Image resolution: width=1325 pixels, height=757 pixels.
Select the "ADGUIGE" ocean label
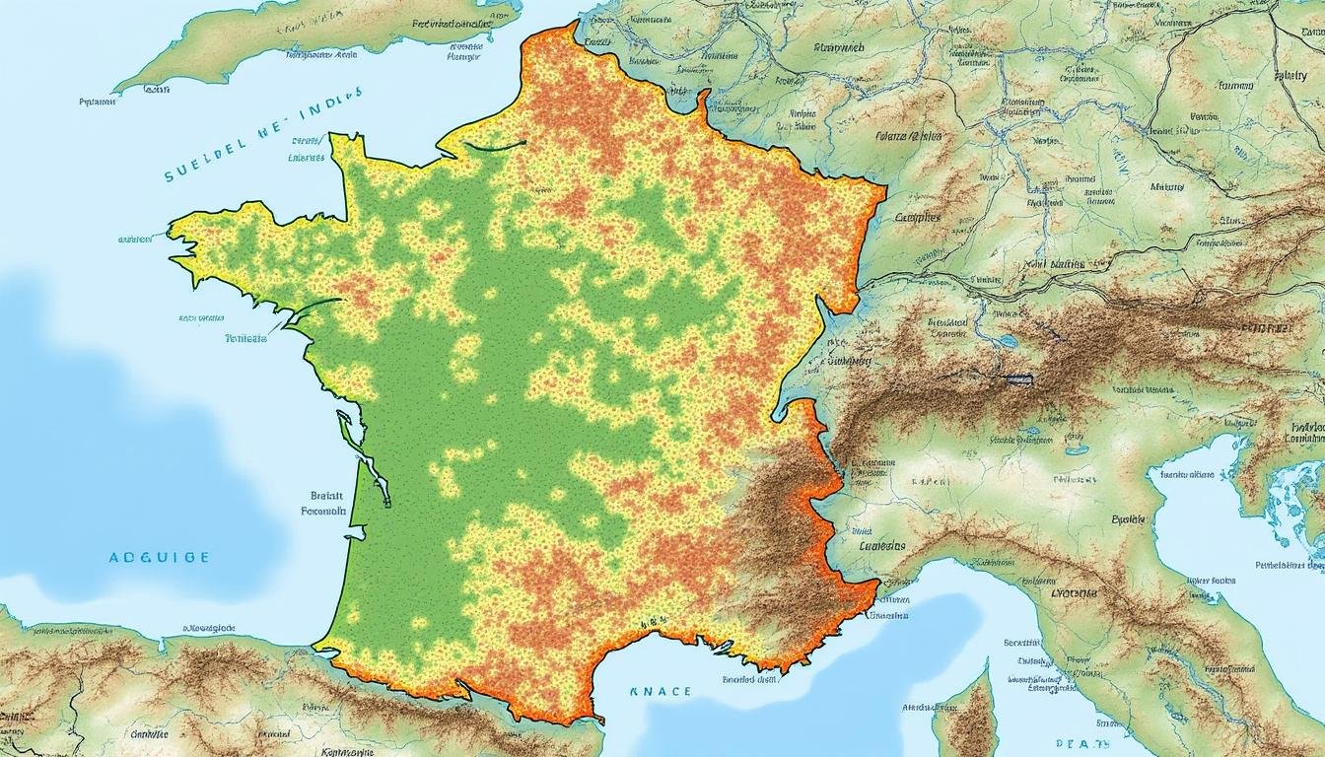(159, 557)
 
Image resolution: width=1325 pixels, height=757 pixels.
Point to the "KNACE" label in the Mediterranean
(661, 692)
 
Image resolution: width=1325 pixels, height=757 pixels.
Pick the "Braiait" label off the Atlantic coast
(326, 496)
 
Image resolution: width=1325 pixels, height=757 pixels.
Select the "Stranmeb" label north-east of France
(839, 47)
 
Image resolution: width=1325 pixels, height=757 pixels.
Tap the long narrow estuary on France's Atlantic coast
(350, 429)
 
